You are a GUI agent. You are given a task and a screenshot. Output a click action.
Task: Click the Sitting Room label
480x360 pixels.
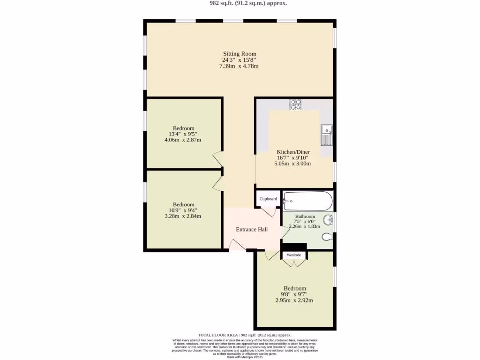[239, 54]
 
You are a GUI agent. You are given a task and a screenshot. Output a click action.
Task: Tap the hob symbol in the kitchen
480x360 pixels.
[295, 105]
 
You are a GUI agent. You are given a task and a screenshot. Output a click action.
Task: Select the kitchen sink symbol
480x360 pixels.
[327, 135]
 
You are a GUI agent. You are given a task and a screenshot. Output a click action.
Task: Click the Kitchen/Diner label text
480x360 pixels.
[293, 152]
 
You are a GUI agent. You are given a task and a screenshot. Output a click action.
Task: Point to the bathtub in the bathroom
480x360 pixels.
[308, 201]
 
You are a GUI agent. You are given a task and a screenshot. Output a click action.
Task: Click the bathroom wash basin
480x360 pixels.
[329, 219]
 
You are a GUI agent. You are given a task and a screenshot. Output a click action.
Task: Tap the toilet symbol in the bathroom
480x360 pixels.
[328, 237]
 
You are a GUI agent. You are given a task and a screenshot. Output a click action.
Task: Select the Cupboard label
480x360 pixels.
[268, 199]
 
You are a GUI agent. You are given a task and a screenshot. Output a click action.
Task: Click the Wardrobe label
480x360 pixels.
[293, 255]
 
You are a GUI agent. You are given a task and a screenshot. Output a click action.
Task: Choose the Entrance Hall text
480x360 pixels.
[252, 229]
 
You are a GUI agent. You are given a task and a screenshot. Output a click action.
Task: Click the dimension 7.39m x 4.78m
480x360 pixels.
[239, 66]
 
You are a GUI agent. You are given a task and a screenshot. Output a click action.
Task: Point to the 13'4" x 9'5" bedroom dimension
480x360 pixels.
[183, 134]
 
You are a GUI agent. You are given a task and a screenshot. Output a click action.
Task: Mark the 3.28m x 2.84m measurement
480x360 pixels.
[183, 216]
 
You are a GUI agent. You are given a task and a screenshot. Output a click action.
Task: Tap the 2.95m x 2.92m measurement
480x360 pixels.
[294, 300]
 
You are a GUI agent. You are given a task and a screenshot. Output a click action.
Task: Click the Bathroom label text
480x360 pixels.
[305, 217]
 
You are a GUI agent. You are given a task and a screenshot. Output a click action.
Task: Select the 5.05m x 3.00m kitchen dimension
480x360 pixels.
[292, 164]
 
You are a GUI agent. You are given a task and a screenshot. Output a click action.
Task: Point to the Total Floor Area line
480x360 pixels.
[245, 335]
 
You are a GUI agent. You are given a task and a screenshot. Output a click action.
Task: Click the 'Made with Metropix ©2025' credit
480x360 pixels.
[244, 357]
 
